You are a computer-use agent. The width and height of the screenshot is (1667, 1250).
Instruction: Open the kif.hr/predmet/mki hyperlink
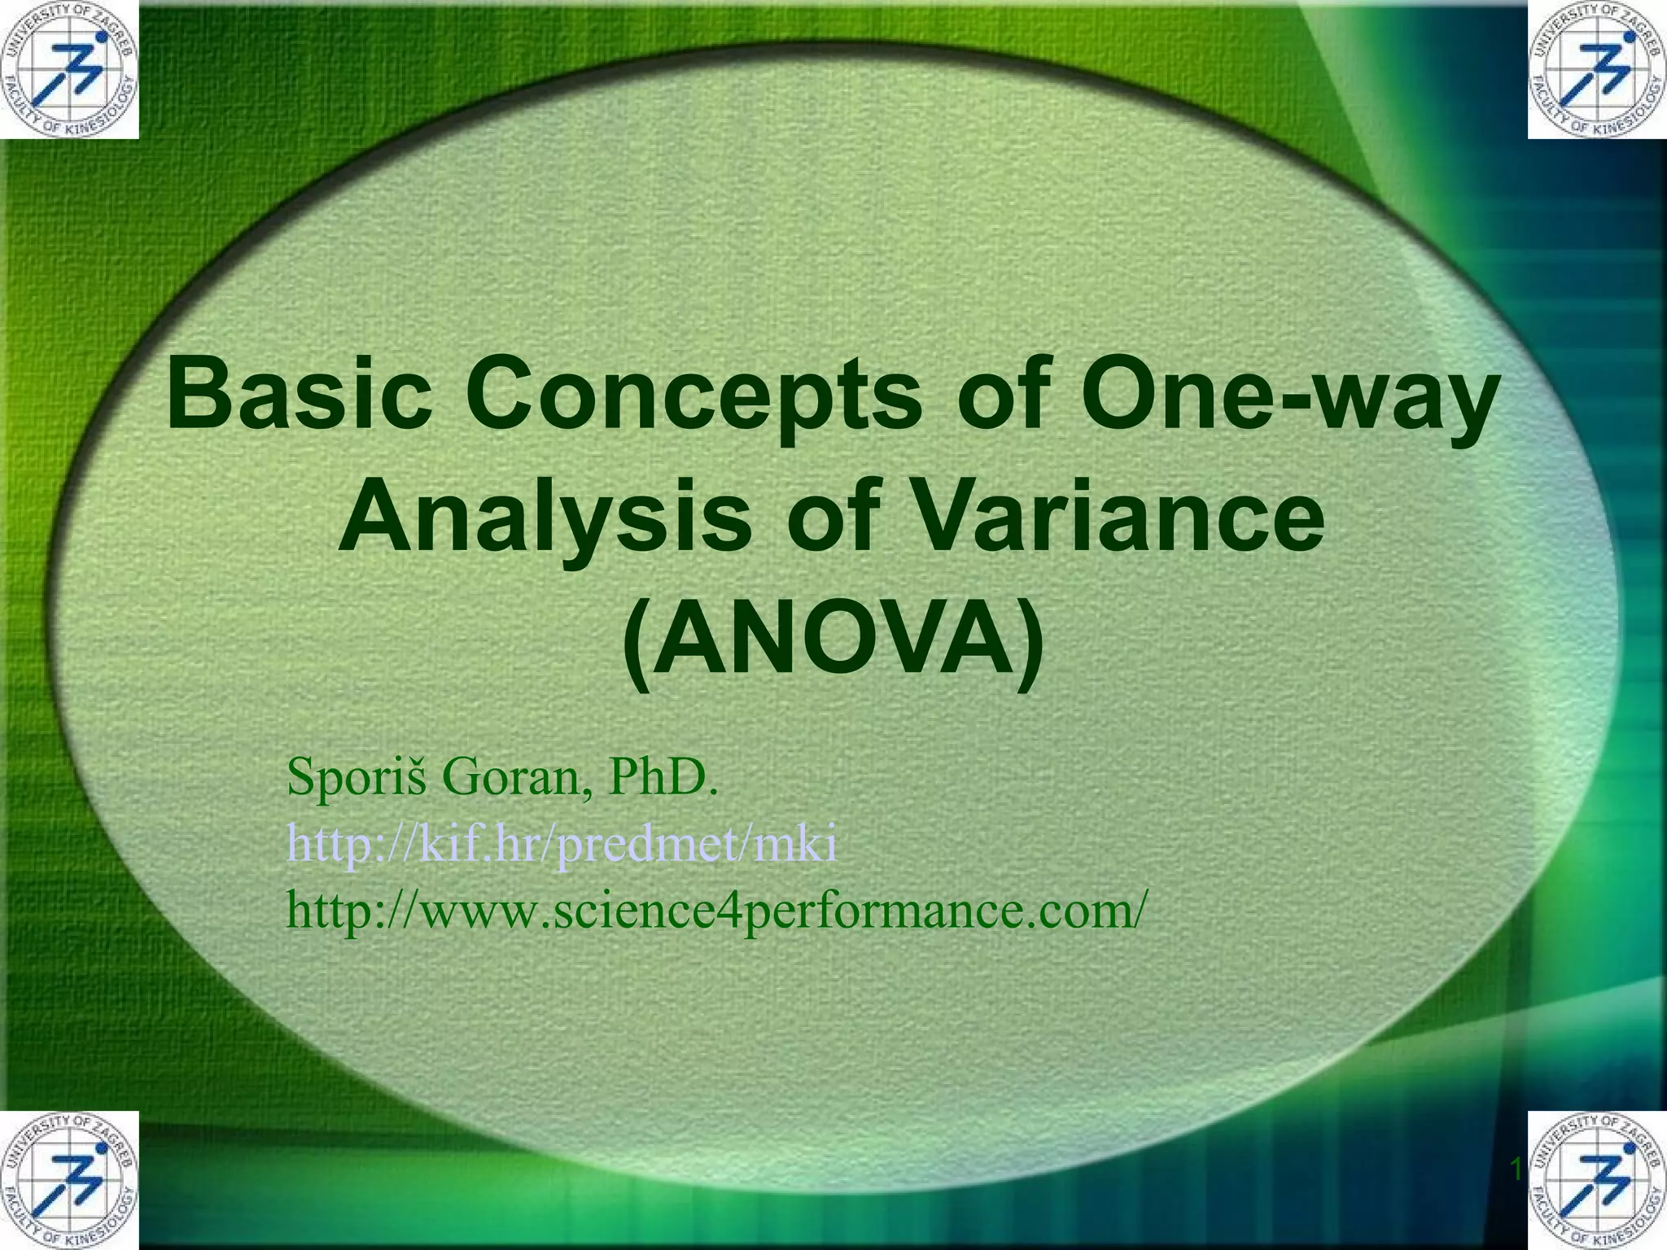point(561,845)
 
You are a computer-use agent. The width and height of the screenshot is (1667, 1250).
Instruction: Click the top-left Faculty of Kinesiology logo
point(69,69)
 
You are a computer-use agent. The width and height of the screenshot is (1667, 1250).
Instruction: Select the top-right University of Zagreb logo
point(1597,69)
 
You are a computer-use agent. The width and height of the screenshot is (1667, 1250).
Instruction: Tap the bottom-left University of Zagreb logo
point(69,1180)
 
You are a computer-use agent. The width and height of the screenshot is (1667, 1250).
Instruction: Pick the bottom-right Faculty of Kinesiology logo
point(1597,1180)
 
